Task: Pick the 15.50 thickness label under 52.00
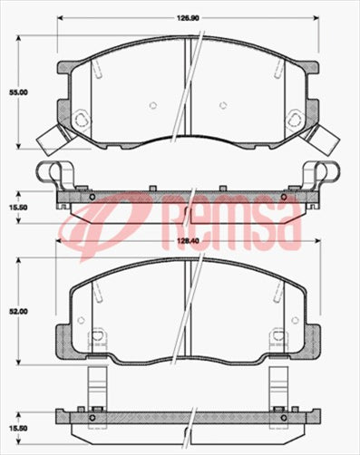[18, 428]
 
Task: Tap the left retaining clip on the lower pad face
[93, 341]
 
